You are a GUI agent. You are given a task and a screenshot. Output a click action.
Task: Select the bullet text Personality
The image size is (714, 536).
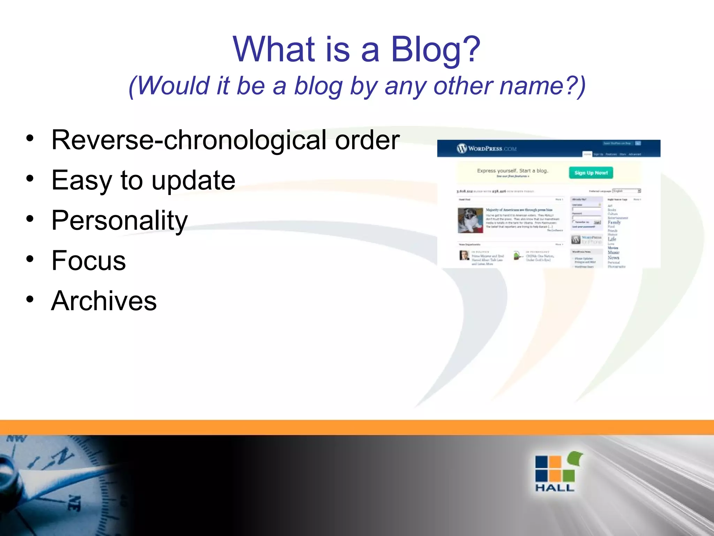tap(120, 221)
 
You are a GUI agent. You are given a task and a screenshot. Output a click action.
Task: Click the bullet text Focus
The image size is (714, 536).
tap(89, 261)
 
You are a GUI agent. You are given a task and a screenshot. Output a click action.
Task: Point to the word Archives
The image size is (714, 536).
tap(104, 301)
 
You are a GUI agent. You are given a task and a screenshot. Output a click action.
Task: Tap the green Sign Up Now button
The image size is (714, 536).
tap(591, 173)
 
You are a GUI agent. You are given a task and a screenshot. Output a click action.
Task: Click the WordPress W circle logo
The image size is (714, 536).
tap(462, 149)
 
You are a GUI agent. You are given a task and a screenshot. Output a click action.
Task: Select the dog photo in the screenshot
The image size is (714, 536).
tap(470, 220)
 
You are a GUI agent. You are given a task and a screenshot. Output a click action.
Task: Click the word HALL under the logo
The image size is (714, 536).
tap(555, 488)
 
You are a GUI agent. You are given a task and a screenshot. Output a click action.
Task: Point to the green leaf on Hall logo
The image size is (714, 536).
tap(575, 457)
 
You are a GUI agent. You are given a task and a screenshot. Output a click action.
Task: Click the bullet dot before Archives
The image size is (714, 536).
tap(30, 299)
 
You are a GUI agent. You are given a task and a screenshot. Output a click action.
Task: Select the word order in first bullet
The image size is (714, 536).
tap(367, 140)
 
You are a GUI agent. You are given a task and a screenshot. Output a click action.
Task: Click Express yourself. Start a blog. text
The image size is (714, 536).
tap(512, 171)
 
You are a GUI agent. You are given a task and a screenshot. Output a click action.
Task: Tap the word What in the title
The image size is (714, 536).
tap(274, 50)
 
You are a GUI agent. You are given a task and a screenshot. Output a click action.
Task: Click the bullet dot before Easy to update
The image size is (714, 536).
tap(30, 179)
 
